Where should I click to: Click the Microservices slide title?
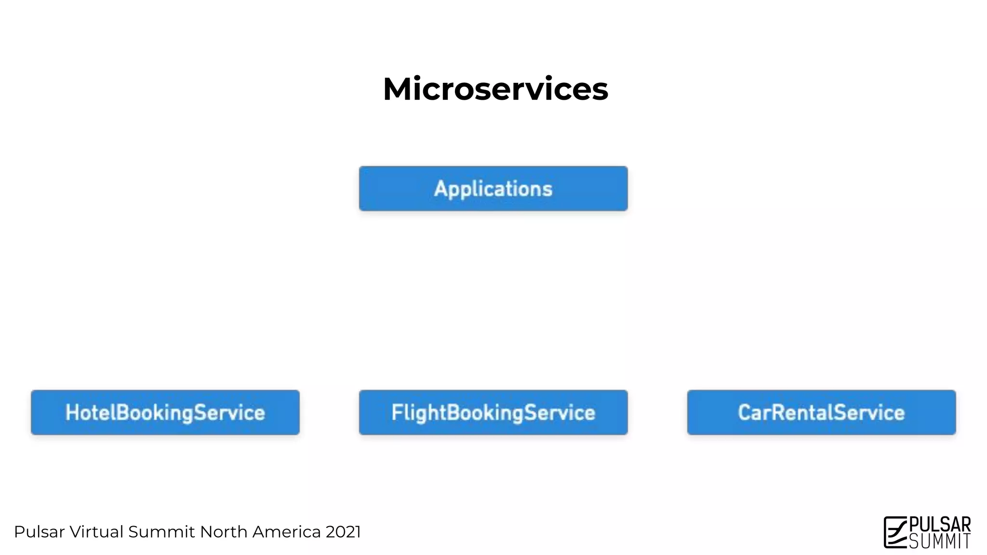(x=495, y=89)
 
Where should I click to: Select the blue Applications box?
(x=493, y=188)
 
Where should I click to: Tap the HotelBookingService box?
(x=165, y=412)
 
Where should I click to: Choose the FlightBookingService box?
(x=493, y=412)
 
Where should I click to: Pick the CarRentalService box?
(x=821, y=412)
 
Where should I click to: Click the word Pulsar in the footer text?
(x=39, y=532)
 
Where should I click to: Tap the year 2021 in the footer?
(x=343, y=532)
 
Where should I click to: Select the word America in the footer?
(x=286, y=532)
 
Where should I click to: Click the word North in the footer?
(x=224, y=532)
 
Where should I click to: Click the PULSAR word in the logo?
(x=940, y=524)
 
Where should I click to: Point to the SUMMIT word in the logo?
(x=940, y=542)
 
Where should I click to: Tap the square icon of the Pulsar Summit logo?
(x=895, y=532)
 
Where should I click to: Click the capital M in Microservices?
(x=398, y=89)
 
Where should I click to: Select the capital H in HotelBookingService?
(x=72, y=412)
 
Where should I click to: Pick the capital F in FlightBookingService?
(x=397, y=412)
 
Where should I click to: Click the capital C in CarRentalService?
(x=745, y=412)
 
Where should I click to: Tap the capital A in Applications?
(x=441, y=188)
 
